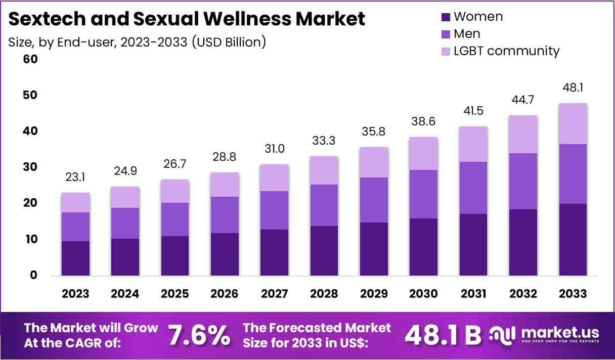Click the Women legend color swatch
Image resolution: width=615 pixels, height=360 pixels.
click(445, 17)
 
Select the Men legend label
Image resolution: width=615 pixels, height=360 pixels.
click(467, 34)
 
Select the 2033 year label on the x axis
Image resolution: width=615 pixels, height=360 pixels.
click(573, 294)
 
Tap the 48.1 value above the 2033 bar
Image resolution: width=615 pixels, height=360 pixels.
click(573, 88)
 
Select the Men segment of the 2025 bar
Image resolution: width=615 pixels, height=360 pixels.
click(175, 219)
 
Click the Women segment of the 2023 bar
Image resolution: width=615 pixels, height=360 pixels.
click(76, 258)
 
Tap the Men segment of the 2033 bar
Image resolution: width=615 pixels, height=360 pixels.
click(573, 173)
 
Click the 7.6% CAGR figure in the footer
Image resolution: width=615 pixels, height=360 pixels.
click(199, 334)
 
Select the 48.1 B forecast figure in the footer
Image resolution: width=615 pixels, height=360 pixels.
click(443, 334)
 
